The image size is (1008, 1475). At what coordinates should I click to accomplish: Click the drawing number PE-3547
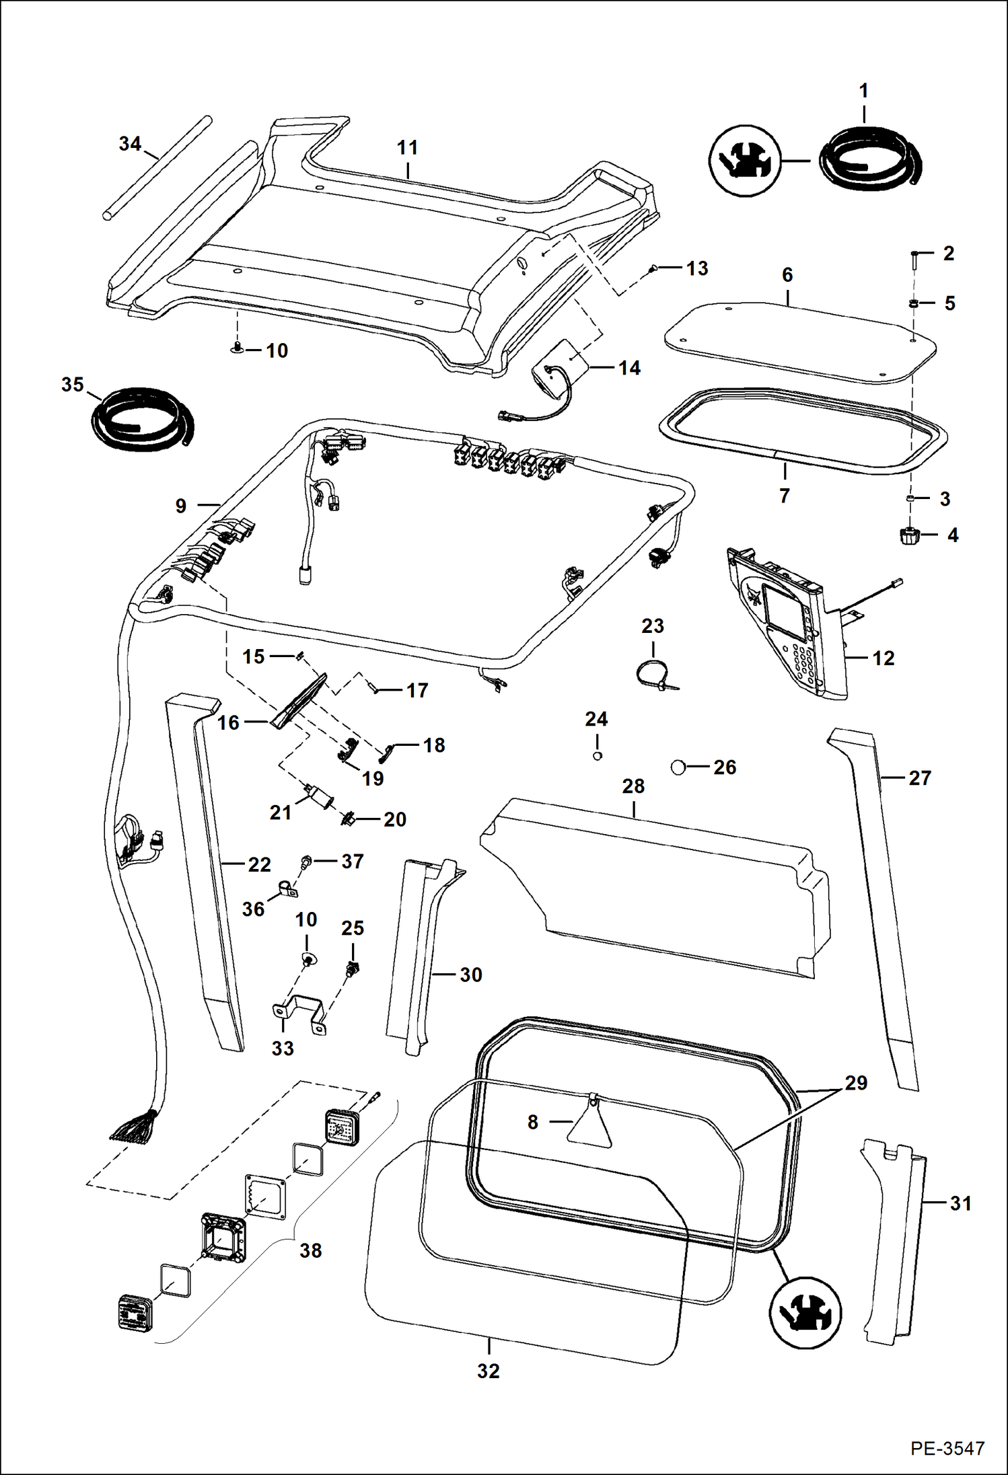(947, 1448)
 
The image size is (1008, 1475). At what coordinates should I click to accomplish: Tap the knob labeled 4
(909, 536)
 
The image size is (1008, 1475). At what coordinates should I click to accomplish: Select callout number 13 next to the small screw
(697, 268)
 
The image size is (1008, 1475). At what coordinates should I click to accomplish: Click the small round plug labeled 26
(678, 767)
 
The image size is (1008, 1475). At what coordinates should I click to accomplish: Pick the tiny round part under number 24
(597, 756)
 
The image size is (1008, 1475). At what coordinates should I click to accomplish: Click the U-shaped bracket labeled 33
(298, 1012)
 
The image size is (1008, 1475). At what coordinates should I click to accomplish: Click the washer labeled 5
(912, 304)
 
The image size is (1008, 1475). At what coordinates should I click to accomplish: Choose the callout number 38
(310, 1250)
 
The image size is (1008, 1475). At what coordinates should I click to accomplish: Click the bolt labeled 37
(306, 861)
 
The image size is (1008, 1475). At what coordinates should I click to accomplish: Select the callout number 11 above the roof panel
(407, 148)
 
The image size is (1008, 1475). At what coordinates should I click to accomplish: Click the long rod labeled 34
(157, 166)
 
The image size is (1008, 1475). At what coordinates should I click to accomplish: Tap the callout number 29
(856, 1083)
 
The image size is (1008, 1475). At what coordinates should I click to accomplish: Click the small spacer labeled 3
(910, 498)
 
